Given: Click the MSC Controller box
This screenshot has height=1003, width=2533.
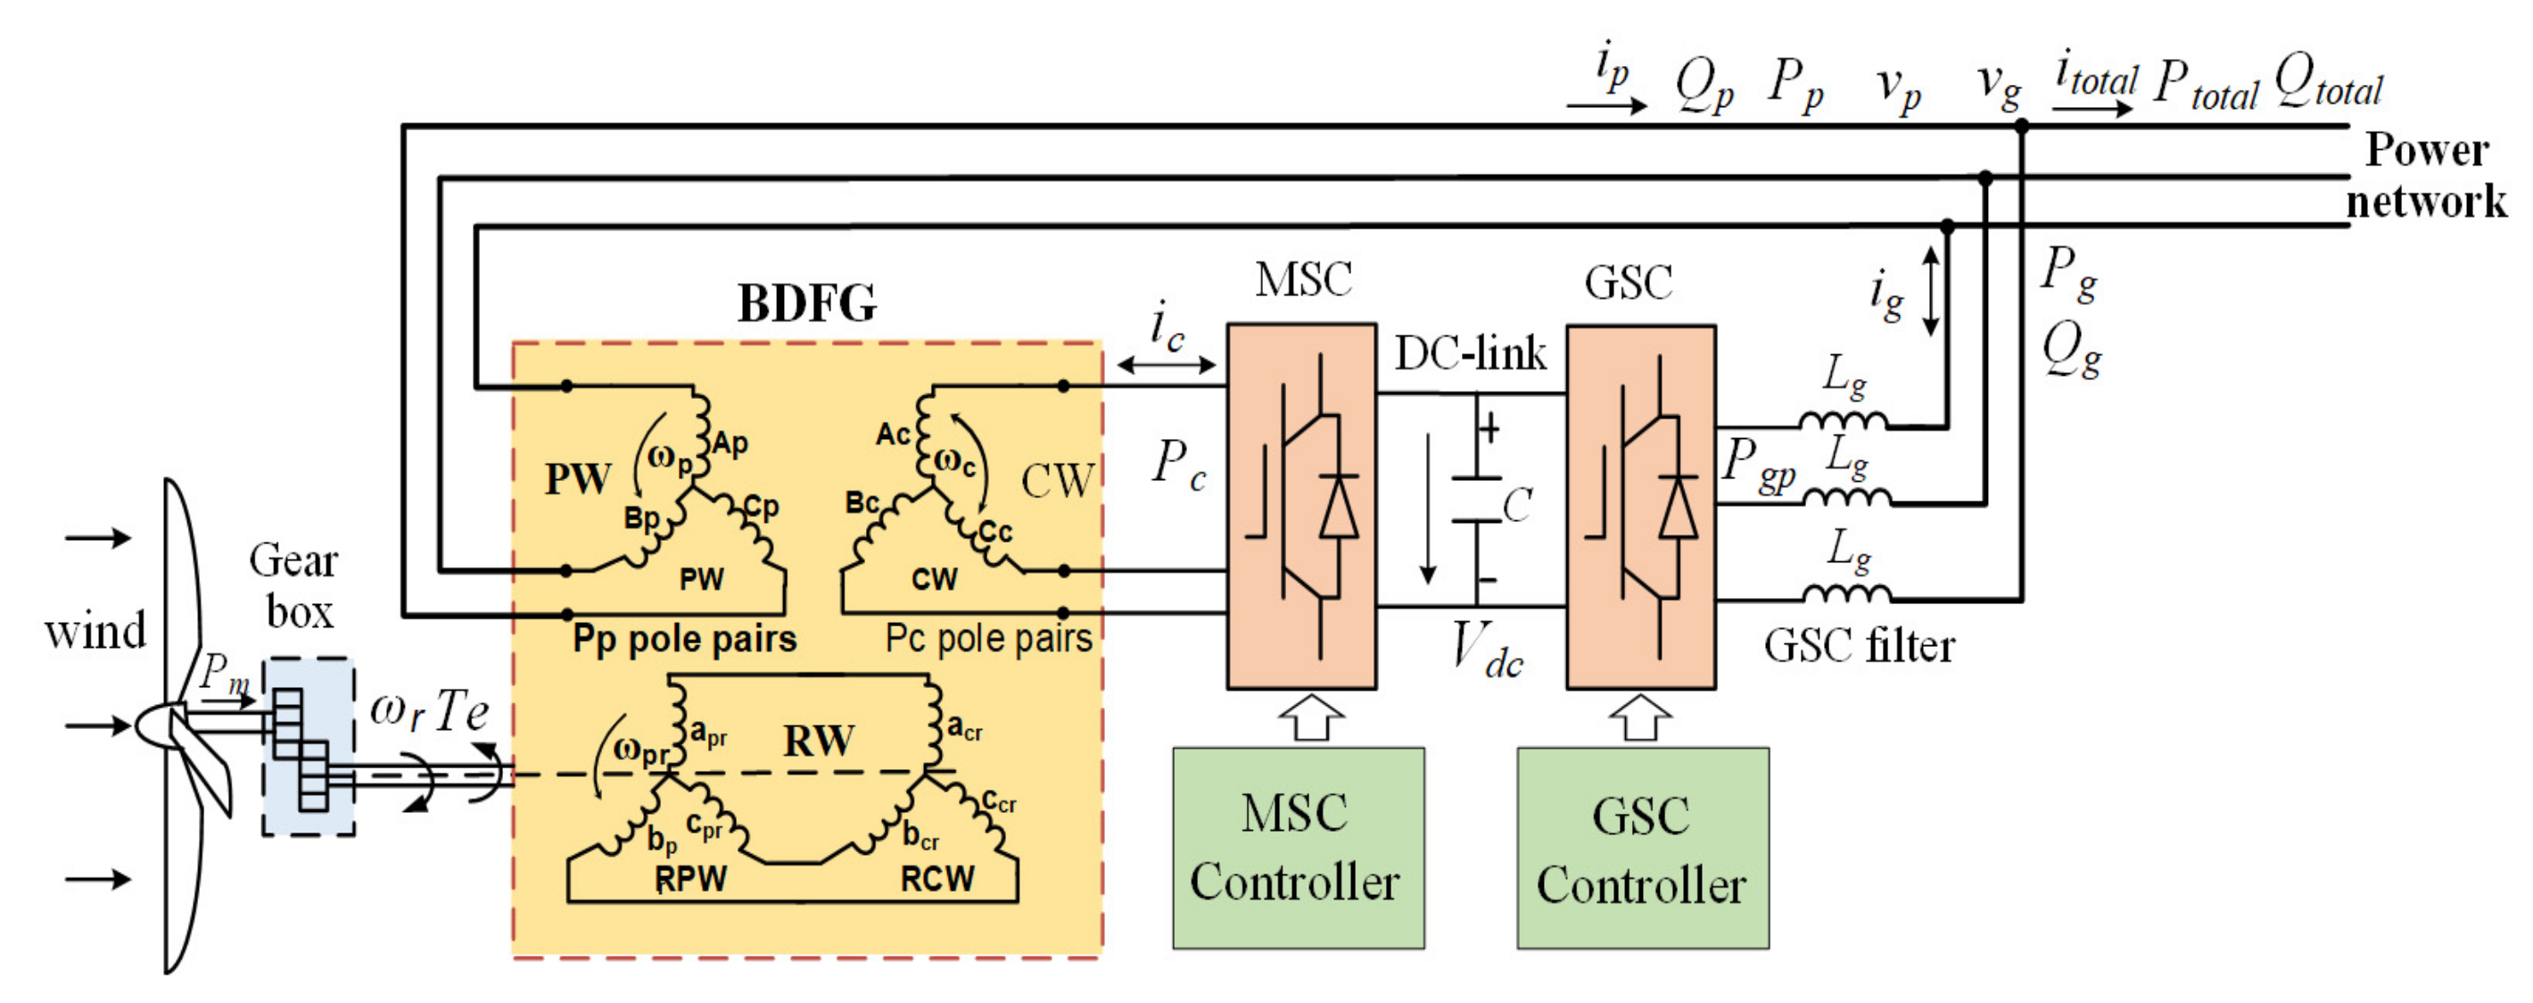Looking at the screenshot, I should point(1298,848).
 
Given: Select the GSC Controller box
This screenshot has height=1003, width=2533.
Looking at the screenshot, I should point(1642,848).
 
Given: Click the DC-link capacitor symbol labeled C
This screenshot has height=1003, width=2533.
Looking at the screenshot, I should point(1477,501).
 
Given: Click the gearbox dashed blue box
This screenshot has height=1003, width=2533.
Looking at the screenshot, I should point(309,747).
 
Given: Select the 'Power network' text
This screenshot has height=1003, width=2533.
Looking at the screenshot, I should point(2427,175).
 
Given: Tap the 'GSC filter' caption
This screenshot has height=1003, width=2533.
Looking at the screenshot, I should point(1859,647).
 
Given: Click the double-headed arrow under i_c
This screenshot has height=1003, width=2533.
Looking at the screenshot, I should point(1167,366).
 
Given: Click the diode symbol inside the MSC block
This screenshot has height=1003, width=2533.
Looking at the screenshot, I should point(1338,508).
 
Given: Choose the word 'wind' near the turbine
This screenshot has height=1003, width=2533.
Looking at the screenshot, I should point(95,631).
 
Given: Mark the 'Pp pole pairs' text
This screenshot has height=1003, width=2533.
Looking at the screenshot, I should point(684,639).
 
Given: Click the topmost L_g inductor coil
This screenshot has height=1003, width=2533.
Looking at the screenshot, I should point(1843,421).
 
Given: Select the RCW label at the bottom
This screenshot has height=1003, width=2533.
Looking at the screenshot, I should point(937,878).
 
